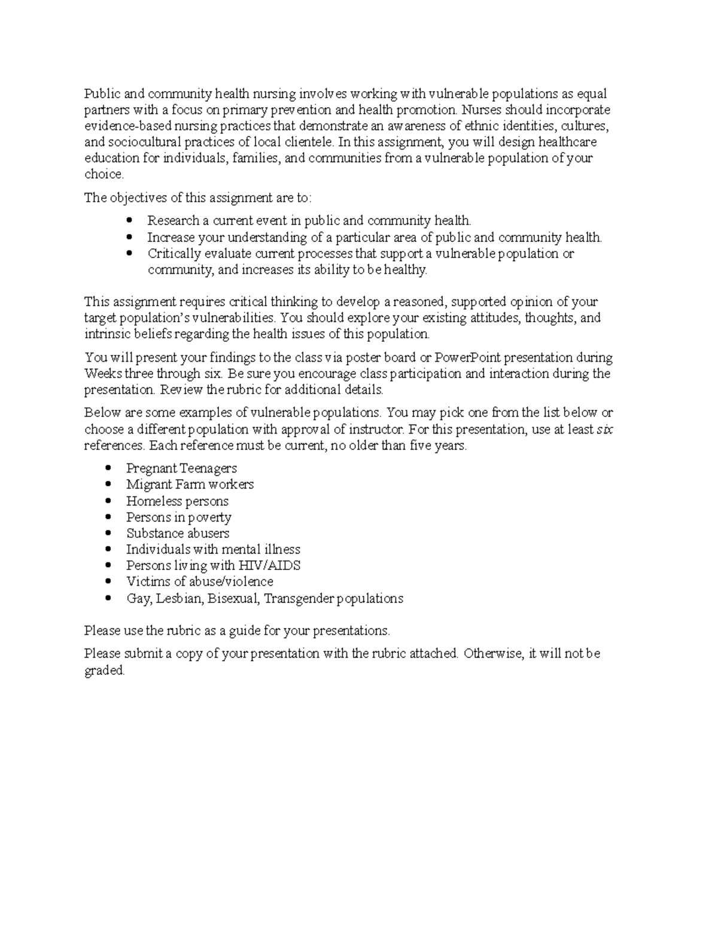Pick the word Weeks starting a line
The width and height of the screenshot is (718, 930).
pos(102,374)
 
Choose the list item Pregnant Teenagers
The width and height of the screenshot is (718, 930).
pos(181,468)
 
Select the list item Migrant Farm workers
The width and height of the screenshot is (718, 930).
pos(190,484)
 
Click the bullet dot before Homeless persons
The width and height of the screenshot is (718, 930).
pos(108,501)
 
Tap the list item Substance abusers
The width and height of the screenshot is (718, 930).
pos(178,534)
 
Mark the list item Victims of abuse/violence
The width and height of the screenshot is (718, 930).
pos(199,582)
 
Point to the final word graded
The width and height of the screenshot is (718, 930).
pos(104,671)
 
